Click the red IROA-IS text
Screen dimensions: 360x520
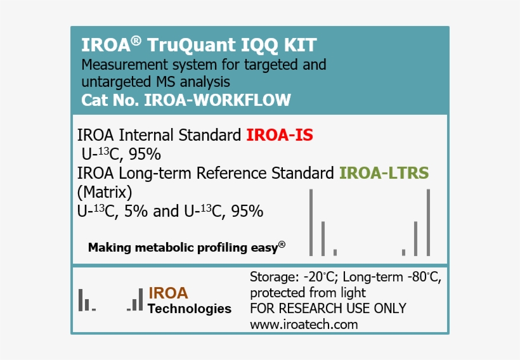(x=280, y=135)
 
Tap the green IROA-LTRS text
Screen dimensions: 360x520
(x=384, y=172)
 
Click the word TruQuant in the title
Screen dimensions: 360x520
(x=185, y=46)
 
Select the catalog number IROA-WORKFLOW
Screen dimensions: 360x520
(x=218, y=100)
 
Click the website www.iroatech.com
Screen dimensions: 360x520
(x=304, y=325)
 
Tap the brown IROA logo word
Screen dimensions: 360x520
(x=168, y=293)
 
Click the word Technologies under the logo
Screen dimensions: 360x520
(x=189, y=309)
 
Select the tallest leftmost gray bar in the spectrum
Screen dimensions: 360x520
(x=311, y=222)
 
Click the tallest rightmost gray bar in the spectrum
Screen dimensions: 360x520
(x=429, y=222)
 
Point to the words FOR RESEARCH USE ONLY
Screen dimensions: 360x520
(x=328, y=309)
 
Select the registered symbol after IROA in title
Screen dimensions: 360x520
(x=136, y=41)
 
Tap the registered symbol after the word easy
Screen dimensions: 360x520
(x=282, y=245)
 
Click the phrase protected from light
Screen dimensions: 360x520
(x=308, y=293)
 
